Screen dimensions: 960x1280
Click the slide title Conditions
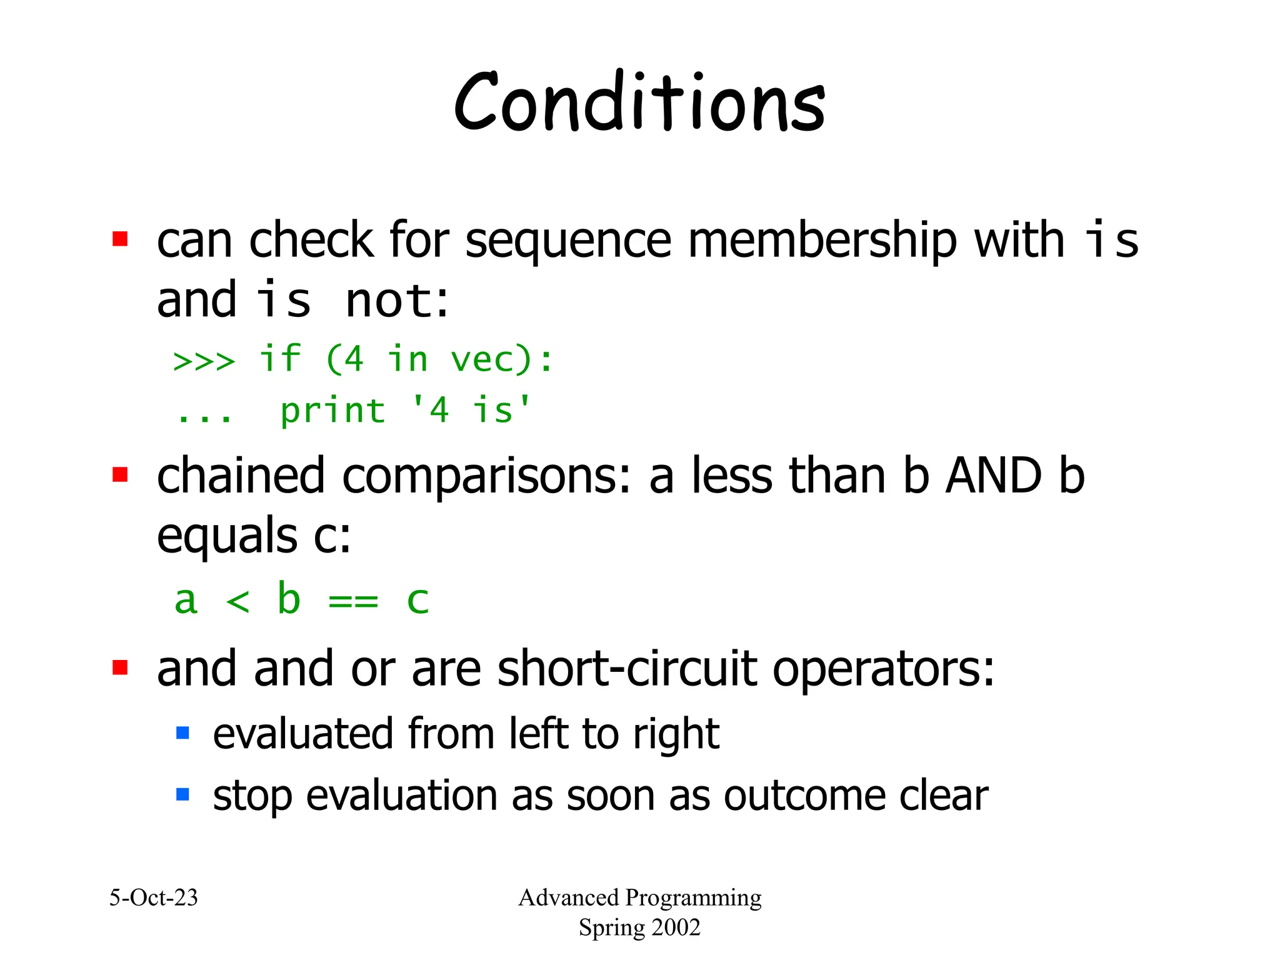coord(639,103)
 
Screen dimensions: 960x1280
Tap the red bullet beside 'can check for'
coord(120,239)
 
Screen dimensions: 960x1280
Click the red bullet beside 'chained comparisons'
coord(120,475)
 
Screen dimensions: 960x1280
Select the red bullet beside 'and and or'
coord(120,667)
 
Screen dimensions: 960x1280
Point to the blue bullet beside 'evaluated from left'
coord(182,732)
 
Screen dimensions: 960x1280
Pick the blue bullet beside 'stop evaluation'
coord(182,794)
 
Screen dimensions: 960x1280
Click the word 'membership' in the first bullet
coord(822,241)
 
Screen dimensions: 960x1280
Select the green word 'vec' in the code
coord(491,360)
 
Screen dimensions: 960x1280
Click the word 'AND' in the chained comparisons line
coord(993,476)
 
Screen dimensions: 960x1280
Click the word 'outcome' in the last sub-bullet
coord(803,796)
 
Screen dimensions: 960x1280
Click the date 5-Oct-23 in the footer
coord(154,897)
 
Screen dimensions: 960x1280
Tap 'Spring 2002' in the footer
coord(639,927)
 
